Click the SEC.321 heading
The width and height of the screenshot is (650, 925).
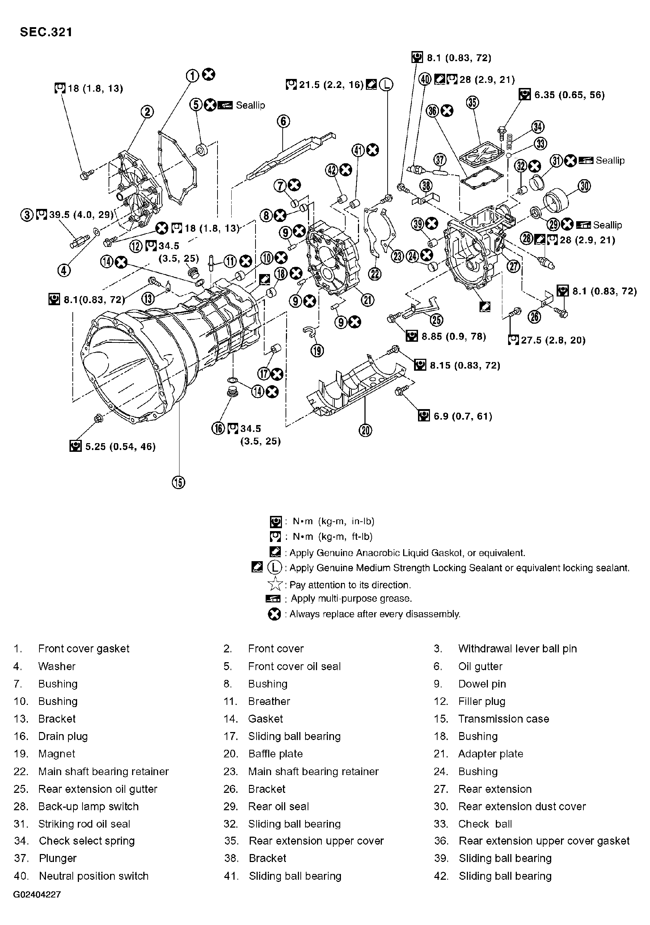(46, 32)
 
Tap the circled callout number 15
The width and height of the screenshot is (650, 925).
(178, 482)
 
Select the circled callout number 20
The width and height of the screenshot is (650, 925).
(365, 430)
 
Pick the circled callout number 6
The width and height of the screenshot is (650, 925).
(283, 121)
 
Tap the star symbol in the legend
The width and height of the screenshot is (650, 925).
(275, 584)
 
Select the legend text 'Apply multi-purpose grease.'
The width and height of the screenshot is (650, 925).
(351, 599)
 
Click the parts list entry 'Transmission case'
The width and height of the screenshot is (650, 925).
(503, 718)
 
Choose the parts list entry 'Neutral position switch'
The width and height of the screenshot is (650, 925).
(93, 875)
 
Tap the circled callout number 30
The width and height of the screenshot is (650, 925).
(584, 186)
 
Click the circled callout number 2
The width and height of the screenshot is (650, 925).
(147, 112)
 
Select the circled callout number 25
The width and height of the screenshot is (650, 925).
(436, 320)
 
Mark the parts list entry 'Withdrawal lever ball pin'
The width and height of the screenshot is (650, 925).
(517, 648)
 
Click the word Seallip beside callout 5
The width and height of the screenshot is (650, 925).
(250, 105)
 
